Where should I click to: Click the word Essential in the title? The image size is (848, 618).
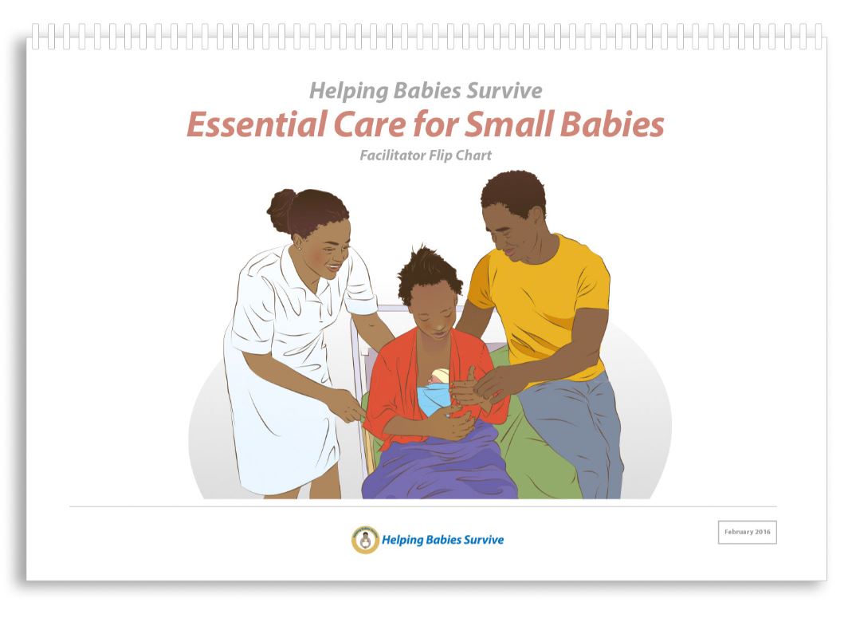(256, 124)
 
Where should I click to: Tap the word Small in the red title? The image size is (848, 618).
(509, 124)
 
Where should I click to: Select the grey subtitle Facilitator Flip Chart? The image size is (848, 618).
(426, 155)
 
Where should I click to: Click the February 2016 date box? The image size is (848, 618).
(748, 532)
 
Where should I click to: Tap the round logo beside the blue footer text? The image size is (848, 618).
(366, 540)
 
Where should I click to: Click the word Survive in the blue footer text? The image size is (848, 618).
(484, 540)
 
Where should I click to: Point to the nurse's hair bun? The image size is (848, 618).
(281, 210)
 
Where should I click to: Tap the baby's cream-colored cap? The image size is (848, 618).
(441, 376)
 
